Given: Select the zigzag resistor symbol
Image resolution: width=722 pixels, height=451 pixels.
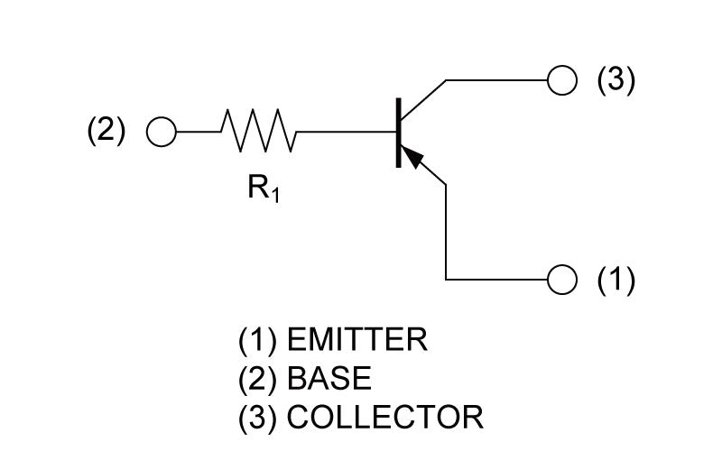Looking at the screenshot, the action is point(259,131).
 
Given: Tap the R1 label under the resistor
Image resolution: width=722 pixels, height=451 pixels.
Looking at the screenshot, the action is point(264,189).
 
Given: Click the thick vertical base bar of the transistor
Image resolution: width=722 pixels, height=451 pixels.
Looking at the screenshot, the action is point(398,133).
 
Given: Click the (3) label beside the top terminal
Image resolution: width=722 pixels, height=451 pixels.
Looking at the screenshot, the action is point(616,80).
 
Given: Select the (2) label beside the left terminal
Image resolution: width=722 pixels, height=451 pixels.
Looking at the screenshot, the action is point(106,131).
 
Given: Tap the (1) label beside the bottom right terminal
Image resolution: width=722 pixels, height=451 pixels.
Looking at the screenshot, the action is point(616,280).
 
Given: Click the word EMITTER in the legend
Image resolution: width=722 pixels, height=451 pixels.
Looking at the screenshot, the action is point(357,340).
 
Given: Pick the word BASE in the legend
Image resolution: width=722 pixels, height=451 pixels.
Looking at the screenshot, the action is point(329,378).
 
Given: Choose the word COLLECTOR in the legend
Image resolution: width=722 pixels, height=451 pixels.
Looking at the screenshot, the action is point(385,417).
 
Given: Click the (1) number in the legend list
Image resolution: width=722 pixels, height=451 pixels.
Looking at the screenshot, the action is point(258,340).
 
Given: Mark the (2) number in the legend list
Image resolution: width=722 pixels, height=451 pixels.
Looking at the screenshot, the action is point(258,379).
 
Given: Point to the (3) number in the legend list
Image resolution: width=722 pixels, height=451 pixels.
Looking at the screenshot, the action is point(258,418).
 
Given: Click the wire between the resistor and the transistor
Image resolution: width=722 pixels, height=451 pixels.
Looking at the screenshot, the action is point(347,132).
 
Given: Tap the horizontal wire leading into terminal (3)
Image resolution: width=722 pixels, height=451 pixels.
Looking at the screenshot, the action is point(497,80).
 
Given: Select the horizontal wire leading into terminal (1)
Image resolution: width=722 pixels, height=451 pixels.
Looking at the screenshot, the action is point(497,279).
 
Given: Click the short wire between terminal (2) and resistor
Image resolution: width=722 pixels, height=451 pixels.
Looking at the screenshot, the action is point(199,132).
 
